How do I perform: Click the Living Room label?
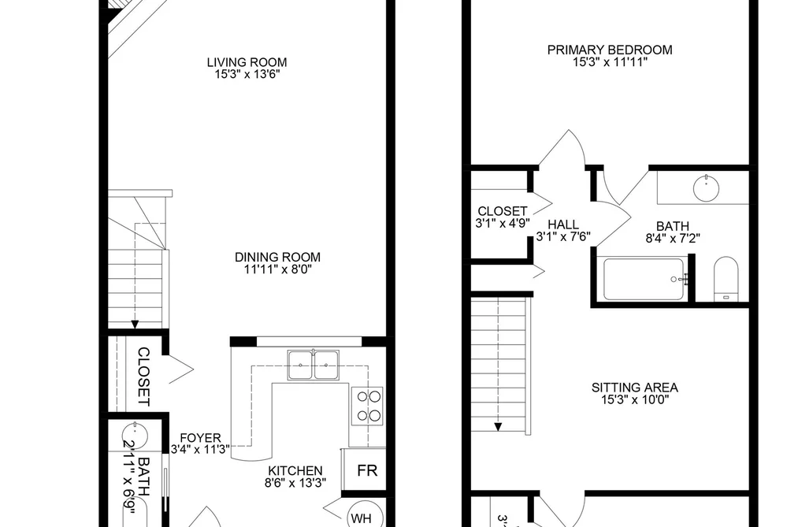247,62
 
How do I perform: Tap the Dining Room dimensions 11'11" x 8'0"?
277,269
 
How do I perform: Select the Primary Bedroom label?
610,50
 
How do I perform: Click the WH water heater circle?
362,518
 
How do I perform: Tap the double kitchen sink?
313,365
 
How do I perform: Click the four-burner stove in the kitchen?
367,406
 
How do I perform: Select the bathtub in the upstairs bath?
644,280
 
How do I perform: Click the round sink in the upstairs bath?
706,188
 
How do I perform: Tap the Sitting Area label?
635,388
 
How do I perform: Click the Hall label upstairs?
563,225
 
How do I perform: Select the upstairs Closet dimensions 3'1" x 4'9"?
503,223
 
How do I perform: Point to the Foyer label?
201,438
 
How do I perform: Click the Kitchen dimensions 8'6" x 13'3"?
295,483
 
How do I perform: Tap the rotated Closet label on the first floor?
144,377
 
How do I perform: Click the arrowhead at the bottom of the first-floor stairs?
135,324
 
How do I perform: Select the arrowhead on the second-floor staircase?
498,427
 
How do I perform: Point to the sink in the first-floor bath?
135,436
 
